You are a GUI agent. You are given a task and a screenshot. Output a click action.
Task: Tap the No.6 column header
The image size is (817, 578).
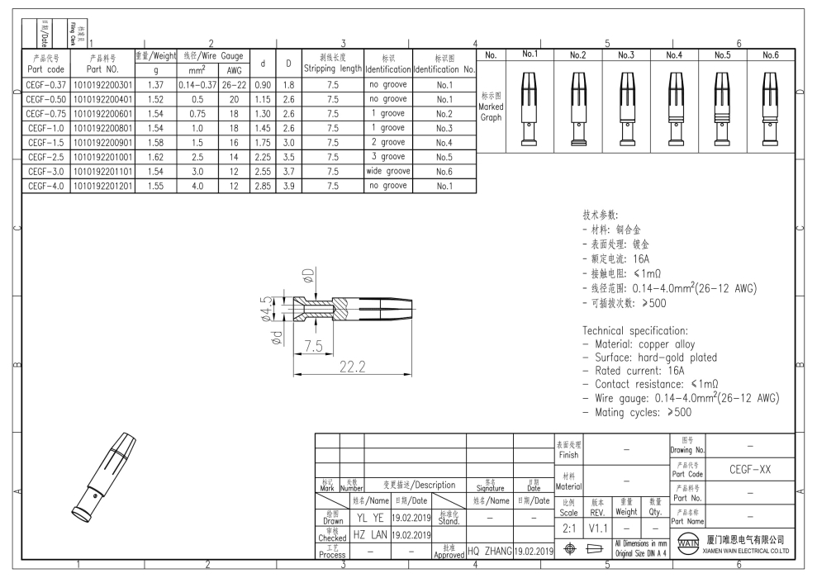[x=770, y=55]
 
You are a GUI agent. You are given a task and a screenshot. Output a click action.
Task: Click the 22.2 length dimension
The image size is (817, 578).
[x=354, y=366]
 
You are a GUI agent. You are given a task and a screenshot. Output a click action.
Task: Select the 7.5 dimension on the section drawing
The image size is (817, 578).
[x=312, y=346]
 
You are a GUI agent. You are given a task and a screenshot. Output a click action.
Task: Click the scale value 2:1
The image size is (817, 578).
[x=568, y=525]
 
